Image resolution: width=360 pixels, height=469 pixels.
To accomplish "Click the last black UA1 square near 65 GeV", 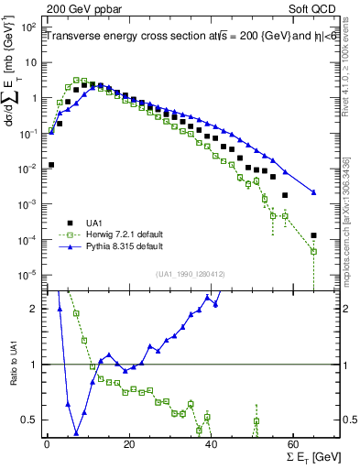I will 314,235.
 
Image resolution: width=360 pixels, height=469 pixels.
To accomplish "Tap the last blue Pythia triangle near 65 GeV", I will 314,192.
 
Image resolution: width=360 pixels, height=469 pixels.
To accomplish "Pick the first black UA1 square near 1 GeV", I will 51,165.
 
